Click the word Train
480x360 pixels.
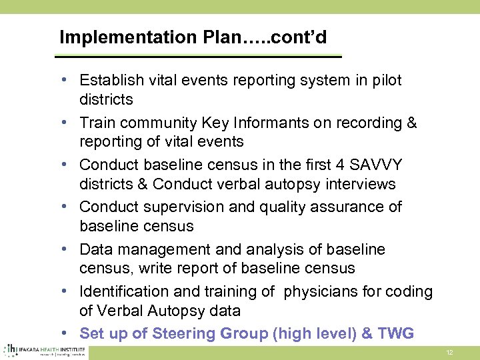tap(97, 123)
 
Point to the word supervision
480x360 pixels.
tap(183, 207)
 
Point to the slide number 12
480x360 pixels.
tap(449, 351)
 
